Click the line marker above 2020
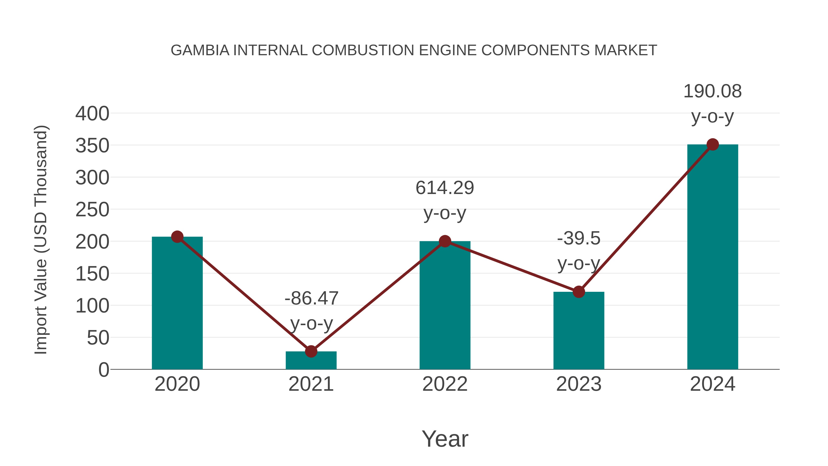(177, 237)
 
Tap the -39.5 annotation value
(579, 239)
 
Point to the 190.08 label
(712, 91)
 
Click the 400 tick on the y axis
(92, 114)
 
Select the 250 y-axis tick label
(92, 210)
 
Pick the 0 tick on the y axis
(103, 370)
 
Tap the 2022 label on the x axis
(445, 384)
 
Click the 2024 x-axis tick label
(713, 384)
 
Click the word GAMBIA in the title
(200, 50)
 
